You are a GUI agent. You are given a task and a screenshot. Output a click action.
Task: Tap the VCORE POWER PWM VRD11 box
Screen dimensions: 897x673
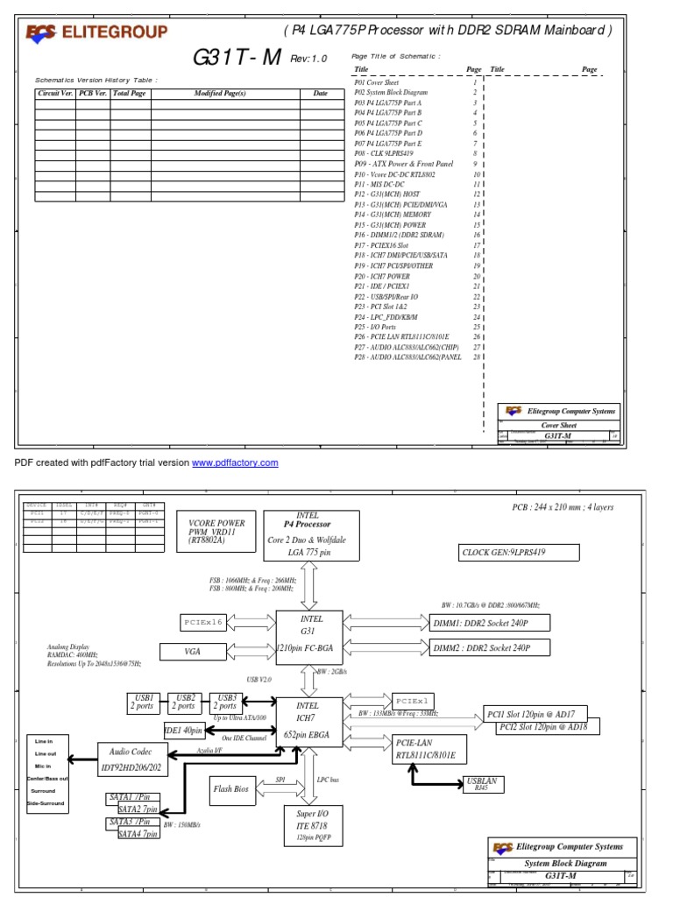216,529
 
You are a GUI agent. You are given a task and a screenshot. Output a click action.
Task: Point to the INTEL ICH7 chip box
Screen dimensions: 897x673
308,720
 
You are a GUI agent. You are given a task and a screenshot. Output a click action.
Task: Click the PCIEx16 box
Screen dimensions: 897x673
203,621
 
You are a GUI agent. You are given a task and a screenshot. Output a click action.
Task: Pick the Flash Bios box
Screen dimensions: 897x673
230,789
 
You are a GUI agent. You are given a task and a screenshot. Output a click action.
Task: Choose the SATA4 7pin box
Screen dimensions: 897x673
138,834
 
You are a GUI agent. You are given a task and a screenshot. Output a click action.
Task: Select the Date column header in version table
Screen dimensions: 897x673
320,93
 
